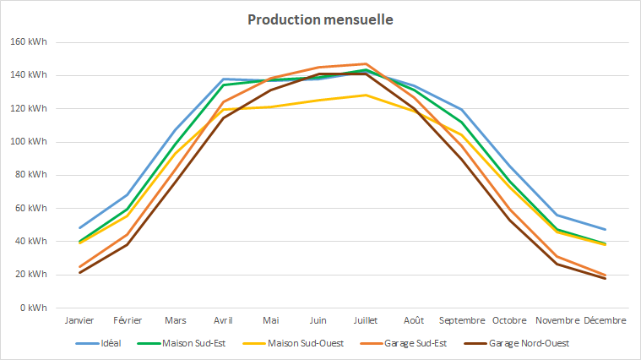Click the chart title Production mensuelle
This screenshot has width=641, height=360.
[320, 19]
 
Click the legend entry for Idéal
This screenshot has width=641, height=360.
[110, 343]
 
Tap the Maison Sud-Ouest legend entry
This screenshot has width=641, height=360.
[304, 343]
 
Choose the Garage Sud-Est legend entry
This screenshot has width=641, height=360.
[415, 343]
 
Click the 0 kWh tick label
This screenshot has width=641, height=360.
[35, 308]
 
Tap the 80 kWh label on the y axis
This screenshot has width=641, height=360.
[32, 175]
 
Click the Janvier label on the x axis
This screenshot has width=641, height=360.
[79, 320]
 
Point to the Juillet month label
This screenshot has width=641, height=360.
[366, 320]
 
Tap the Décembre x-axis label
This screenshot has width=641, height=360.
[605, 320]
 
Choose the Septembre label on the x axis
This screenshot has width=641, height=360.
[461, 320]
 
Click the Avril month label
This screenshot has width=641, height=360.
[223, 320]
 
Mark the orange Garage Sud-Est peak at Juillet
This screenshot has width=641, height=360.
[366, 64]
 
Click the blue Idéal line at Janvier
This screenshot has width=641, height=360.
[79, 227]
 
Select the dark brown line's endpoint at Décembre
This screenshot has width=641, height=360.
[605, 278]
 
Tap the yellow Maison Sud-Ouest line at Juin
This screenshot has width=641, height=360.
[318, 101]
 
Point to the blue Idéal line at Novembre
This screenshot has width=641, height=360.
[557, 215]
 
